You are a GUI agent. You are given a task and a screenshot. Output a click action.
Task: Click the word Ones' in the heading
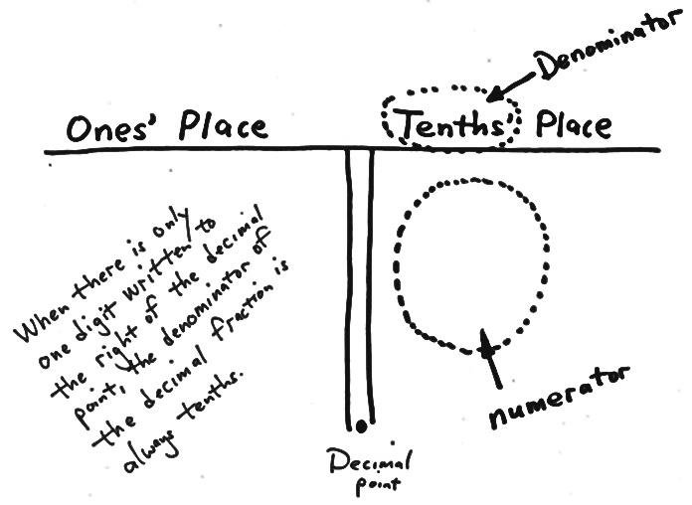(x=106, y=127)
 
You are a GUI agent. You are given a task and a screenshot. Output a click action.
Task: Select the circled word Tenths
(x=451, y=122)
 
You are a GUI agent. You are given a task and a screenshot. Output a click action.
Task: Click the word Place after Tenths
(x=574, y=124)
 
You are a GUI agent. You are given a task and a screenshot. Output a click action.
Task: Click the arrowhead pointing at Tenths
(x=496, y=93)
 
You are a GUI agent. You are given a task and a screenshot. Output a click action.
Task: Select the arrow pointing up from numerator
(x=491, y=358)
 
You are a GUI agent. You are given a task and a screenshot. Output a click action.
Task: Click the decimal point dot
(x=361, y=426)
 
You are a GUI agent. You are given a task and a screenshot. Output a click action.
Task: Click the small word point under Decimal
(x=378, y=485)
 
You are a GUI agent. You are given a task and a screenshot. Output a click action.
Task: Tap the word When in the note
(x=41, y=319)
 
